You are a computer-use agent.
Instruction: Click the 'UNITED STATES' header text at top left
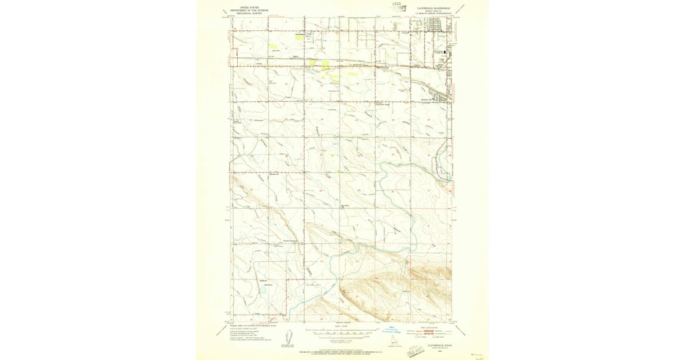pos(249,7)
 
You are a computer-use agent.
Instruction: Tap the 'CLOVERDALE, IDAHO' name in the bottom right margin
pos(436,345)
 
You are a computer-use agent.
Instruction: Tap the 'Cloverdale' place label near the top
pos(299,34)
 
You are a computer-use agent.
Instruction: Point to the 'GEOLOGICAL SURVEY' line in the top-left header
pos(249,14)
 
